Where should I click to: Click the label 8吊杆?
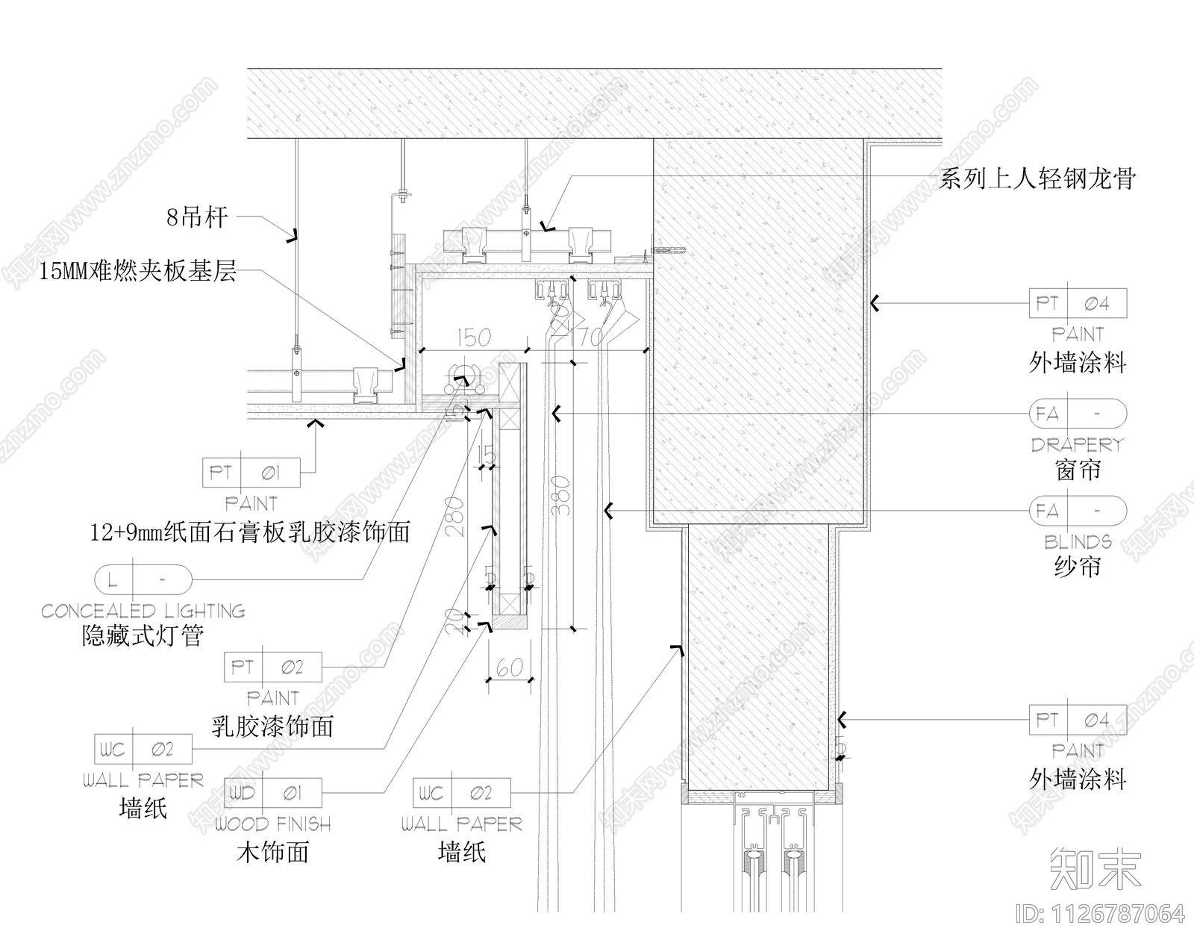[x=196, y=217]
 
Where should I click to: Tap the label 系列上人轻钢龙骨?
[x=1037, y=178]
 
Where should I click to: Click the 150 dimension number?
[x=473, y=337]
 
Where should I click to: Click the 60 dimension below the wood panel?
[x=510, y=667]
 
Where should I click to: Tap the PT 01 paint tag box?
[x=251, y=473]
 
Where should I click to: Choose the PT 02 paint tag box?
[x=273, y=667]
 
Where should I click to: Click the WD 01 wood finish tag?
[x=273, y=793]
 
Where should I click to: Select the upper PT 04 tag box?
[x=1078, y=303]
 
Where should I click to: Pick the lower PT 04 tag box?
[x=1078, y=720]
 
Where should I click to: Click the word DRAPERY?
[x=1077, y=445]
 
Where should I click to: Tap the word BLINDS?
[x=1078, y=542]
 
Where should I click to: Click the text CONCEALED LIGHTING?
[x=143, y=611]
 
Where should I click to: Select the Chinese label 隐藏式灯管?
[x=143, y=636]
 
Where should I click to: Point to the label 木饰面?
[x=273, y=852]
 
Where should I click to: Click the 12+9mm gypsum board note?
[x=250, y=532]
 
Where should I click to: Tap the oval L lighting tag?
[x=143, y=579]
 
